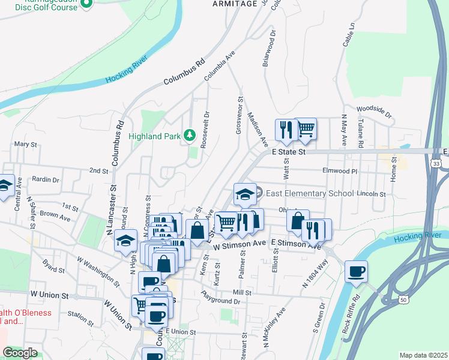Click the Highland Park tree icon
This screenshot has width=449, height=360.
[x=190, y=135]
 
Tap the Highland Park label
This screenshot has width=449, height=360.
[x=155, y=136]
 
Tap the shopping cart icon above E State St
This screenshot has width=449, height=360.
[x=306, y=128]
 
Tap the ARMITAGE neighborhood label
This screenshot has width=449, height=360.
[x=235, y=4]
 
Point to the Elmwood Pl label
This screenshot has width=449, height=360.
[x=340, y=171]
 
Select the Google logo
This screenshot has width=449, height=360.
[x=19, y=353]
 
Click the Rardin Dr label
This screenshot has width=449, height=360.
[x=46, y=179]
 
